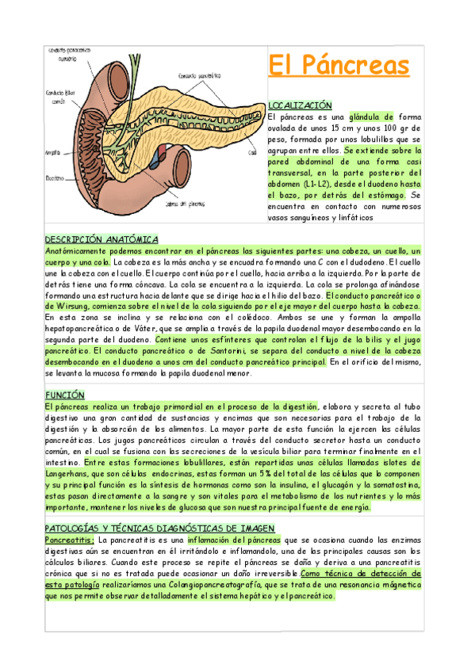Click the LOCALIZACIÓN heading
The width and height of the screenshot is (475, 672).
[x=301, y=105]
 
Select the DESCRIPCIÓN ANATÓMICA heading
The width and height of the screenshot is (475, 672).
[x=102, y=239]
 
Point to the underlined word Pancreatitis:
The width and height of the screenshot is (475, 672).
[x=70, y=540]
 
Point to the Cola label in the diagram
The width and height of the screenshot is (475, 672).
[x=251, y=151]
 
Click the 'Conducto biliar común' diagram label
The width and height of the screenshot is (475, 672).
[x=56, y=97]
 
